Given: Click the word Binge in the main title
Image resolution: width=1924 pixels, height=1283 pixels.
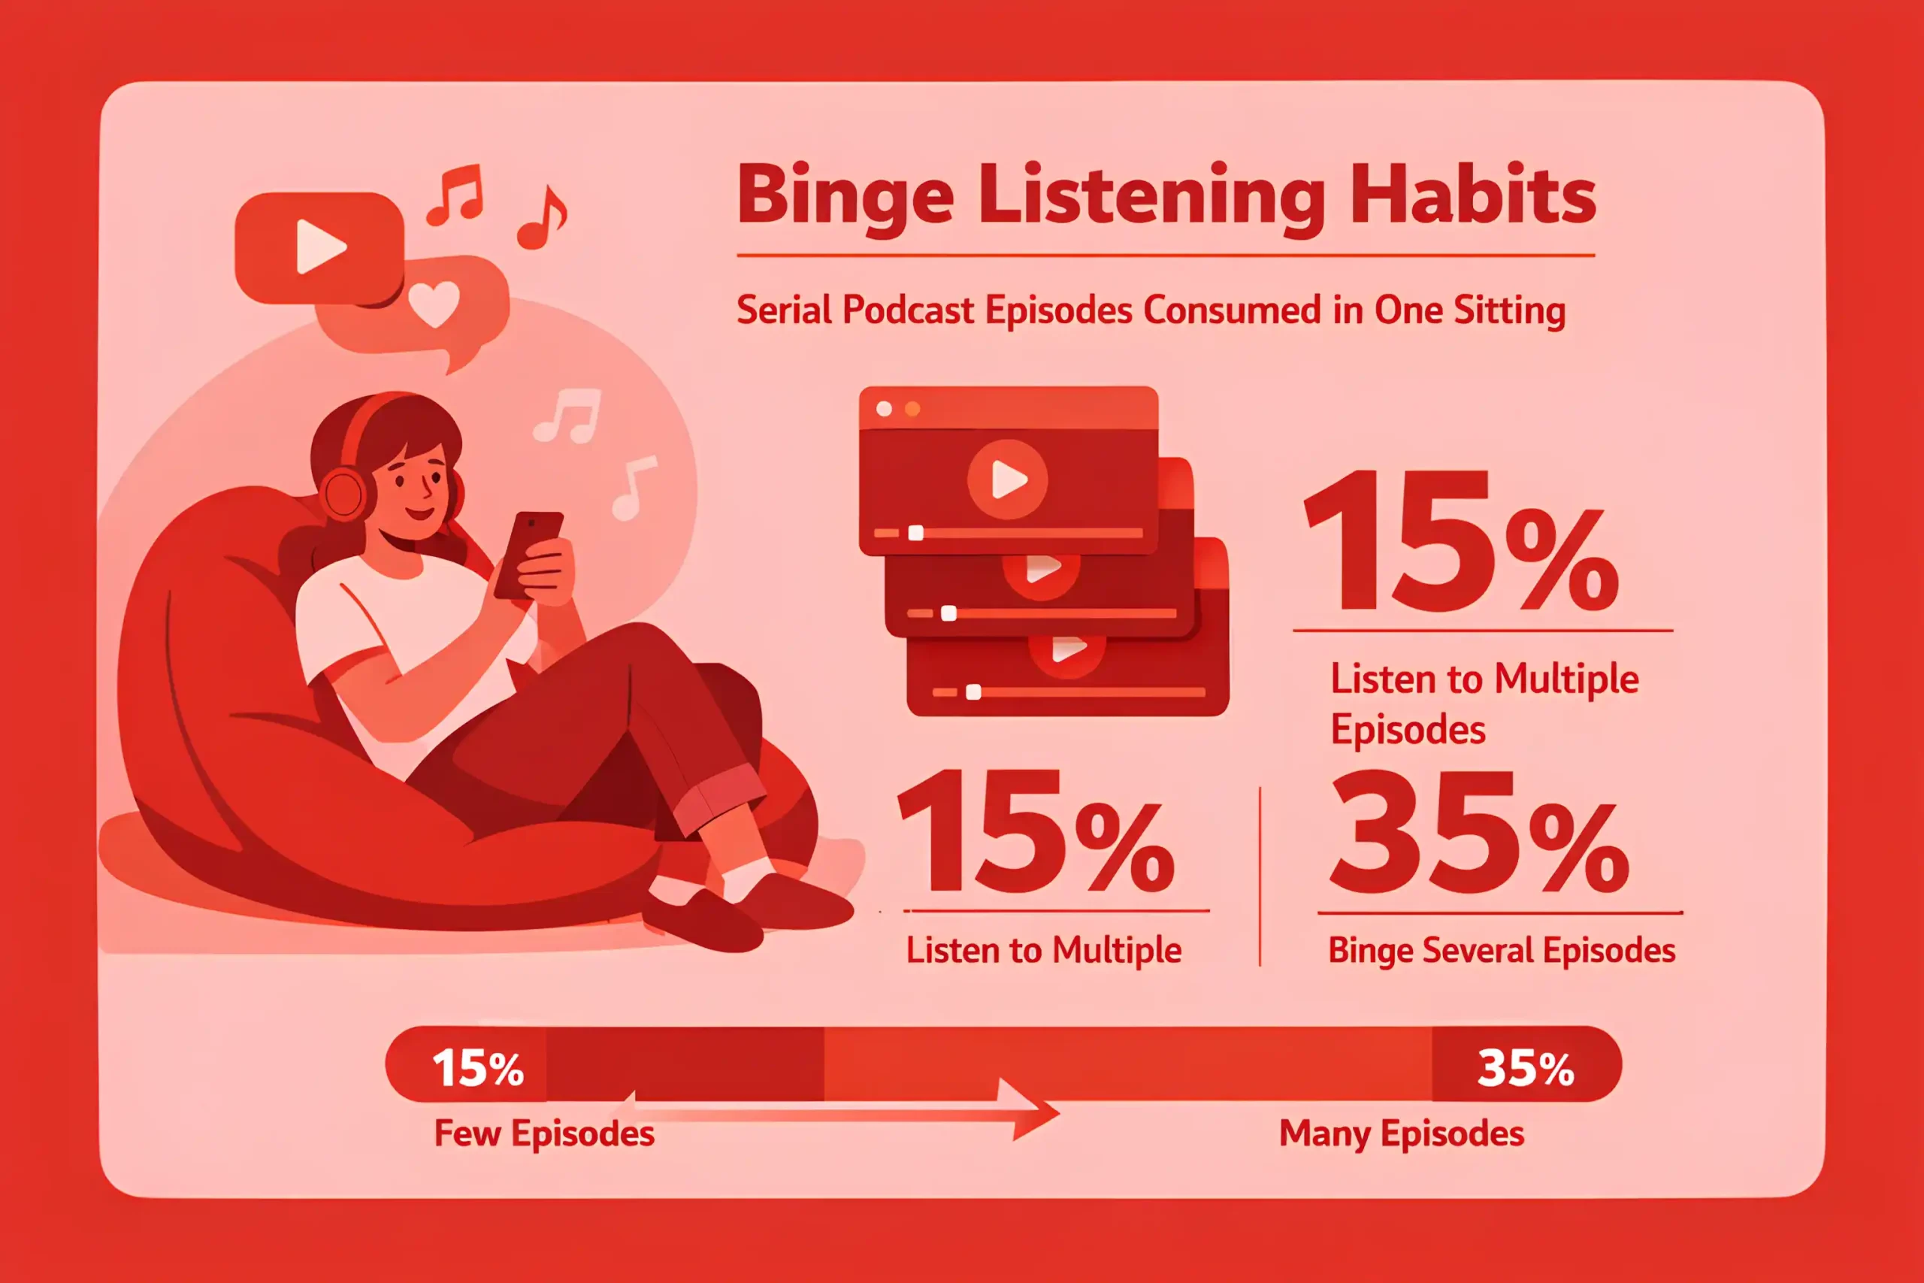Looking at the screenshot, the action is [846, 196].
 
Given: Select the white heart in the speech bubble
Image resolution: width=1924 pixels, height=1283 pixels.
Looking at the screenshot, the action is [434, 304].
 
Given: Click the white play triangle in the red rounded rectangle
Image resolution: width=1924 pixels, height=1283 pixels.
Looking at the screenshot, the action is [321, 247].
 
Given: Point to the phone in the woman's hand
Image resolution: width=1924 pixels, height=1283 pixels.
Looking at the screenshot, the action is [528, 555].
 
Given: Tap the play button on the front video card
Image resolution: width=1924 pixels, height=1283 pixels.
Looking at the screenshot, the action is [1008, 480].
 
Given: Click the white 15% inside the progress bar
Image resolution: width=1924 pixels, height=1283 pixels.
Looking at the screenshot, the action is [478, 1068].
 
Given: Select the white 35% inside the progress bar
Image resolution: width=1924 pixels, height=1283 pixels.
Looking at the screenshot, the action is [1526, 1068].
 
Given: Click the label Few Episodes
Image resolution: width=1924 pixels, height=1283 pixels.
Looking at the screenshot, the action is [544, 1134].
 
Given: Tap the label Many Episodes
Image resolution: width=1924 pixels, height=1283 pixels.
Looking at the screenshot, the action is [1401, 1134].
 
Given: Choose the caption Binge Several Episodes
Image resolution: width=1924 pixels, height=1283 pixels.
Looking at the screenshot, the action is [1502, 951].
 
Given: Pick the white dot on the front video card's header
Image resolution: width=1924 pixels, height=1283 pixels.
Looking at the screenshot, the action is [885, 409].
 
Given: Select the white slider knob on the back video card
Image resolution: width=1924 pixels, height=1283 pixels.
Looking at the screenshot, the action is [973, 692].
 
